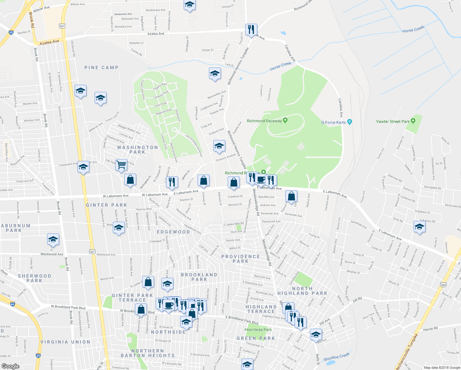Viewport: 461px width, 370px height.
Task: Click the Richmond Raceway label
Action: pyautogui.click(x=264, y=121)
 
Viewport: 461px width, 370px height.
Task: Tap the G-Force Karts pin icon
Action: pyautogui.click(x=349, y=122)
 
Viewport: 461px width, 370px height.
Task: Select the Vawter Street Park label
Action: pyautogui.click(x=393, y=121)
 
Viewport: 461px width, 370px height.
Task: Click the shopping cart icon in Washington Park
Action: pyautogui.click(x=121, y=165)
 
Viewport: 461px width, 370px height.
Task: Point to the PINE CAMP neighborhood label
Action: pyautogui.click(x=101, y=68)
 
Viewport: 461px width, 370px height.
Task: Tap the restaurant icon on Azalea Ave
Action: pyautogui.click(x=251, y=29)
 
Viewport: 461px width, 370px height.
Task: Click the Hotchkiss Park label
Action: pyautogui.click(x=258, y=330)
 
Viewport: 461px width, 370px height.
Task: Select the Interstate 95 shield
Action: pyautogui.click(x=11, y=32)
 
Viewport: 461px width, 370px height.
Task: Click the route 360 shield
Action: pyautogui.click(x=443, y=285)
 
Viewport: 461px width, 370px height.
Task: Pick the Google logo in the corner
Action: pyautogui.click(x=10, y=366)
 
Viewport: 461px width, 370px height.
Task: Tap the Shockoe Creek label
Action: pyautogui.click(x=337, y=357)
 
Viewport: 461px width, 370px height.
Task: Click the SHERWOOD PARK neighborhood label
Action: pyautogui.click(x=34, y=278)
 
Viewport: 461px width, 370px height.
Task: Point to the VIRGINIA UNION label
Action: pyautogui.click(x=65, y=342)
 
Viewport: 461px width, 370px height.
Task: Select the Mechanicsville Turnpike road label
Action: pyautogui.click(x=406, y=351)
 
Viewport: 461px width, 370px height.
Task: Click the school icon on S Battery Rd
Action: pyautogui.click(x=419, y=227)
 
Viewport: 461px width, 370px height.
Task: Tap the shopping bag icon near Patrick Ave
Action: pyautogui.click(x=291, y=196)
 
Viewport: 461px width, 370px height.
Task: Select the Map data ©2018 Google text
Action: pyautogui.click(x=442, y=368)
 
